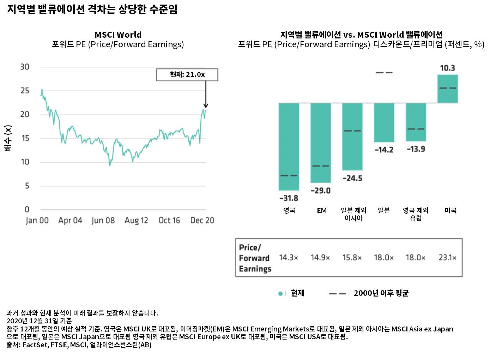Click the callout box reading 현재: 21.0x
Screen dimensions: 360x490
click(x=187, y=75)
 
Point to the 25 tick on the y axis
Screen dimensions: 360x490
click(x=25, y=91)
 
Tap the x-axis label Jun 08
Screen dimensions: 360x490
click(x=103, y=220)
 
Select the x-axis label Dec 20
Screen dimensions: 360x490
click(x=202, y=220)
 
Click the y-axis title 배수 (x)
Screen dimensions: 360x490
click(x=8, y=138)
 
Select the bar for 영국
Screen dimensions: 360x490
click(x=289, y=146)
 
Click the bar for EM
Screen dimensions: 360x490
click(x=320, y=142)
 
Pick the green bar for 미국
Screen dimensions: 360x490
click(x=447, y=89)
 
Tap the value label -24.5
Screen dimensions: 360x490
click(x=352, y=178)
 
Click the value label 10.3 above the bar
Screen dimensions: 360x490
click(x=447, y=68)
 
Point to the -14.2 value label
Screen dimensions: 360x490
click(x=384, y=150)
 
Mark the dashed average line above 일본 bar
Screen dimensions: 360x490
click(x=384, y=73)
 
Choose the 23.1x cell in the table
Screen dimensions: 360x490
click(x=447, y=258)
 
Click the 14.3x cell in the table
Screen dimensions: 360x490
click(x=289, y=258)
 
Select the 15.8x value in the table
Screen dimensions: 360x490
click(x=352, y=258)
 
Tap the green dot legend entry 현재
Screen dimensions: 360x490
click(x=291, y=293)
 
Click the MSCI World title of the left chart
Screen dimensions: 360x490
click(x=118, y=35)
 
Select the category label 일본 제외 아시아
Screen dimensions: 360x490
click(x=353, y=214)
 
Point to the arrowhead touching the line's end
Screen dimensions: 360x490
click(x=206, y=105)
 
